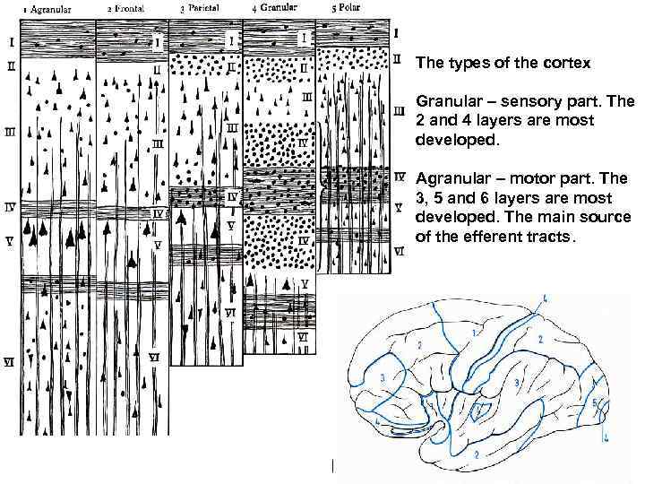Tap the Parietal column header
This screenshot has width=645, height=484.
coord(202,9)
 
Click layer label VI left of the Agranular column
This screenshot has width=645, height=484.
coord(8,362)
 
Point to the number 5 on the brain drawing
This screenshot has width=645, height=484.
coord(595,402)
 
